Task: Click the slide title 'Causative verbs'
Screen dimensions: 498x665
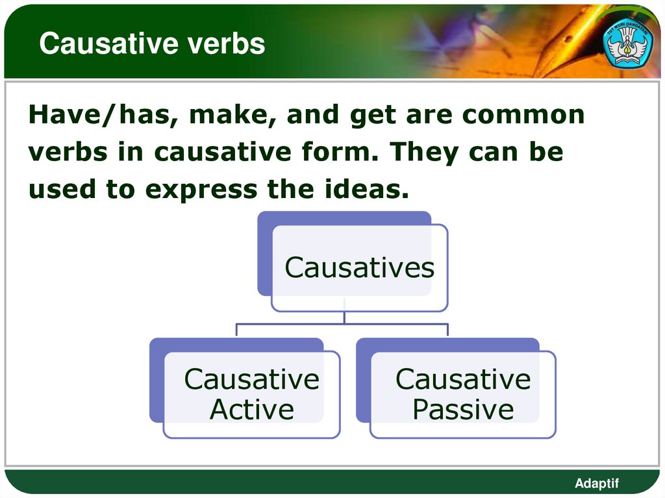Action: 152,44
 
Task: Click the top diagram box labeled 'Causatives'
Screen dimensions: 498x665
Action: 359,268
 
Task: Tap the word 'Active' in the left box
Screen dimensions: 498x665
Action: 251,410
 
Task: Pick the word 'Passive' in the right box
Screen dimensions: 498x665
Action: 463,410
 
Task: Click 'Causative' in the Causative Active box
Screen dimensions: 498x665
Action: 251,379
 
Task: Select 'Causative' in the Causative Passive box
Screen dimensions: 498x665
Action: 463,379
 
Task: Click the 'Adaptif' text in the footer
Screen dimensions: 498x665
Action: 597,483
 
